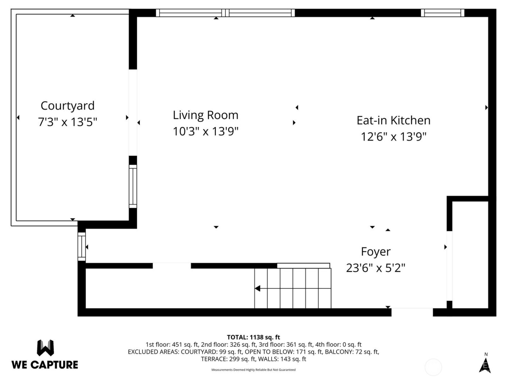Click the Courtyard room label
coord(67,106)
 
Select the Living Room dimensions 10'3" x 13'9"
coord(205,131)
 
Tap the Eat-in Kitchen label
coord(393,120)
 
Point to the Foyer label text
coord(376,252)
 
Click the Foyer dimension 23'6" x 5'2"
coord(376,268)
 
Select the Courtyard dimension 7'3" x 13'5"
coord(67,122)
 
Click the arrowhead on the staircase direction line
coord(257,288)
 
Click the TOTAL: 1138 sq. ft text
coord(253,337)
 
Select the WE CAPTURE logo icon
coord(45,348)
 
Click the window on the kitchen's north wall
coord(442,13)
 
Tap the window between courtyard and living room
coord(133,186)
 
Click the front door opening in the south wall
coord(412,312)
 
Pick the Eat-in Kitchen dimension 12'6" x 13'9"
coord(393,137)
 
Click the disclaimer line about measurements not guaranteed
coord(253,370)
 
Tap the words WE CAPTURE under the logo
coord(45,364)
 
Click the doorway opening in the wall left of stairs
coord(172,266)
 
